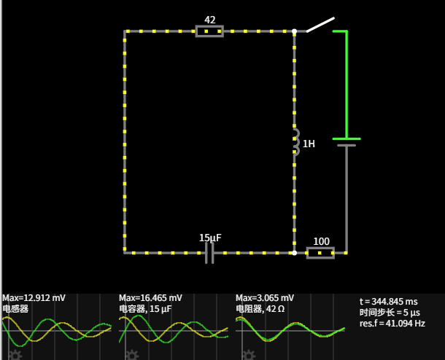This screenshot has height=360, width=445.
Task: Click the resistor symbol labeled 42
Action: [209, 31]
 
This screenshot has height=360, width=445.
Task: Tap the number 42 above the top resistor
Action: [210, 20]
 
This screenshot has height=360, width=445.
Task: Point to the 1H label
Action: [309, 144]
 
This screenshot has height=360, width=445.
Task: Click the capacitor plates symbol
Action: [209, 253]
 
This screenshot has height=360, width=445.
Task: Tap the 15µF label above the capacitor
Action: [210, 238]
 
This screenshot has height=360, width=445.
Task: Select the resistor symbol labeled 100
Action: [320, 253]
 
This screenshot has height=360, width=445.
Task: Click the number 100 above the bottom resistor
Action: [321, 241]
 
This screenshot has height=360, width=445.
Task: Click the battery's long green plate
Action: [347, 138]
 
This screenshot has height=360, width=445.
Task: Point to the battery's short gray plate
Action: [347, 145]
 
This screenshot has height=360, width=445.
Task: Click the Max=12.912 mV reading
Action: [34, 298]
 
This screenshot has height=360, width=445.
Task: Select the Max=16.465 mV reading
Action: [151, 298]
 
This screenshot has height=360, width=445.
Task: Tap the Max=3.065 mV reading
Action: [265, 298]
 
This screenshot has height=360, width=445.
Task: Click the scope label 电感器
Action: [15, 309]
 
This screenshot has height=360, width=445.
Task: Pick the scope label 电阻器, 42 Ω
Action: [263, 309]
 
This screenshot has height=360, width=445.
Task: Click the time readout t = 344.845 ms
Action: [389, 301]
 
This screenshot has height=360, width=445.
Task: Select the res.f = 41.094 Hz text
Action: [392, 323]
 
